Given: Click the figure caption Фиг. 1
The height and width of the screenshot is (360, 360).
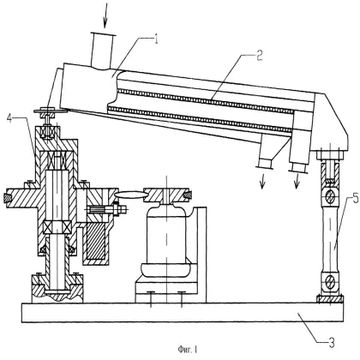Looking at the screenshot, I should (x=181, y=347).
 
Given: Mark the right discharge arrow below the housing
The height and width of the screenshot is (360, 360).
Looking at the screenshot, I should (x=297, y=183).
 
